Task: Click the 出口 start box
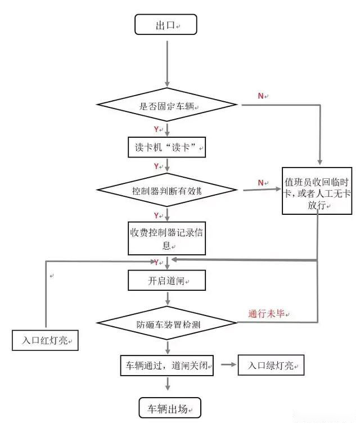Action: tap(166, 25)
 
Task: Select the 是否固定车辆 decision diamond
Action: tap(168, 105)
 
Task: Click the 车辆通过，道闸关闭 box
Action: tap(168, 365)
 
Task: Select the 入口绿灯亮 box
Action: tap(271, 365)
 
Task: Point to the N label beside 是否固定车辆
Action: tap(261, 96)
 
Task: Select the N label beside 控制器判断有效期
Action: tap(261, 182)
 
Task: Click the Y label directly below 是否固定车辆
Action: tap(156, 129)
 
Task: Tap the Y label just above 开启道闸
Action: tap(156, 262)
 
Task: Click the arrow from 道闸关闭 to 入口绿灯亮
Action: tap(227, 365)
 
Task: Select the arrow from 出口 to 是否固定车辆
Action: tap(168, 62)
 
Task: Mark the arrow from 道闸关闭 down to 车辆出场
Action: tap(168, 386)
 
